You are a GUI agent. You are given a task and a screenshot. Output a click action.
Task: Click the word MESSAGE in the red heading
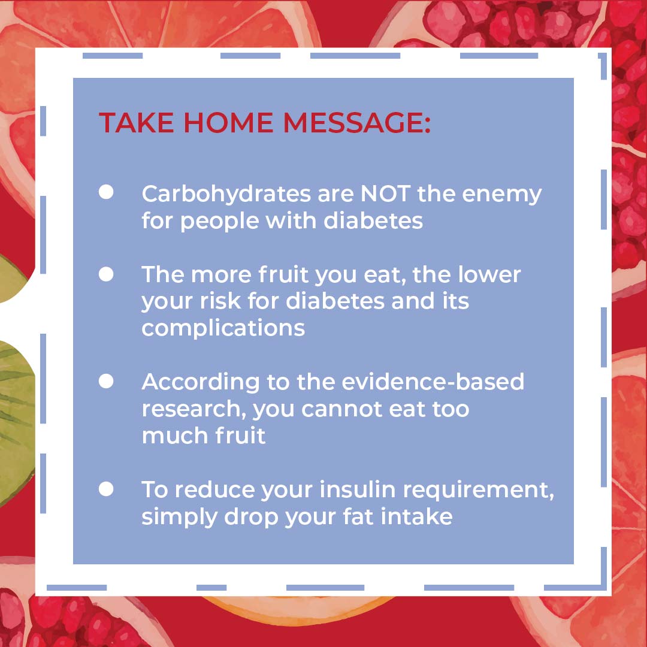(356, 123)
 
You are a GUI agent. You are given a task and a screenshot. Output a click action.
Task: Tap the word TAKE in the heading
(137, 123)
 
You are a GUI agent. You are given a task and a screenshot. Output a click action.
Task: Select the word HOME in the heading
(228, 123)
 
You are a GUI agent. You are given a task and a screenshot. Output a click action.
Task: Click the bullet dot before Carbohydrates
(106, 192)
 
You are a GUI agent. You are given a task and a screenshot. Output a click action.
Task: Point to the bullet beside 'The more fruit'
(106, 274)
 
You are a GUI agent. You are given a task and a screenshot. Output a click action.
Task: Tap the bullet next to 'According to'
(106, 381)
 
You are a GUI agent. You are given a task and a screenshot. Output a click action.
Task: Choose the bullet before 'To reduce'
(106, 489)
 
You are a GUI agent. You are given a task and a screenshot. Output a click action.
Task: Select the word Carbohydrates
(226, 194)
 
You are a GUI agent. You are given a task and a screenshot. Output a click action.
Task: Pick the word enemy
(501, 195)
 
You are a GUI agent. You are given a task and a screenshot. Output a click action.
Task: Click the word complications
(223, 329)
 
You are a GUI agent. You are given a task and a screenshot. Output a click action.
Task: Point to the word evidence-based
(433, 382)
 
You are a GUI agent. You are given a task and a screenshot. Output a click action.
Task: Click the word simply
(180, 518)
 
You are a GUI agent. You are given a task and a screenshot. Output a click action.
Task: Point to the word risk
(220, 301)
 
